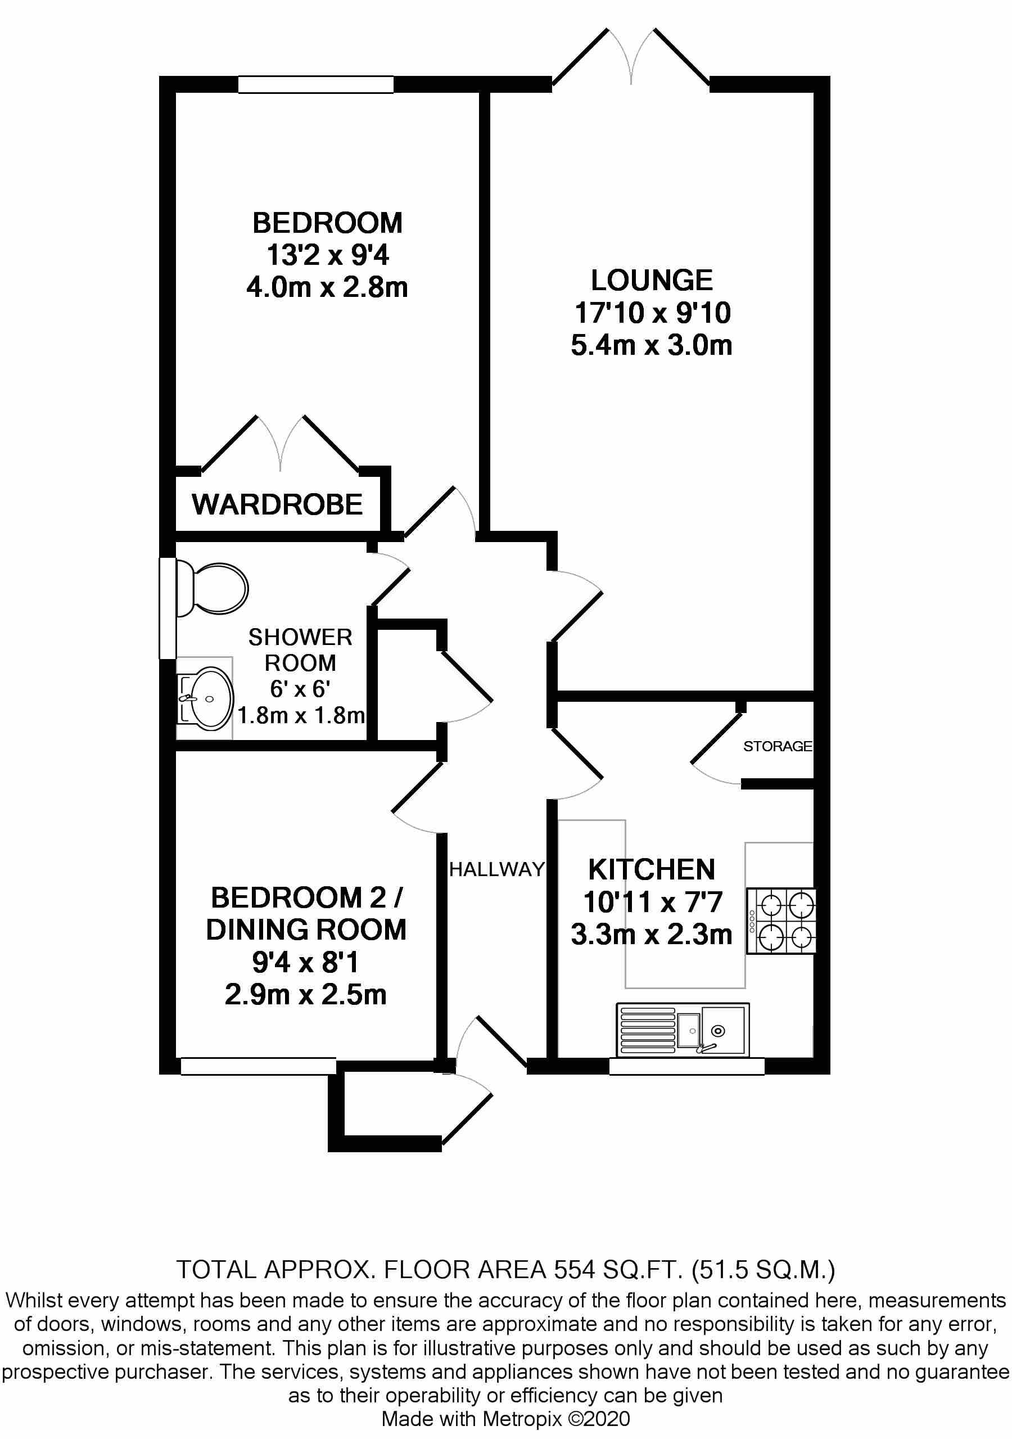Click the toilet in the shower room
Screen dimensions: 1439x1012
click(x=213, y=588)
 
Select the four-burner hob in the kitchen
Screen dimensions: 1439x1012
click(x=781, y=921)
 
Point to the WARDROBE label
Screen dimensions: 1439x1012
click(x=277, y=504)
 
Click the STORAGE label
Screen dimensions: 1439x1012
click(x=777, y=746)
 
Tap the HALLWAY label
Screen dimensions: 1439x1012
click(x=497, y=869)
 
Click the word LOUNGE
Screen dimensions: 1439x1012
click(x=652, y=280)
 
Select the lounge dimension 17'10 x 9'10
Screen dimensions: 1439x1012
click(x=652, y=313)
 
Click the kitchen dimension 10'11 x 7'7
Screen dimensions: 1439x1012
click(x=652, y=903)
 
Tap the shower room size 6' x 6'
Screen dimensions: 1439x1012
click(x=300, y=689)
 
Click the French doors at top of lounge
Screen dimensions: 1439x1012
click(x=631, y=60)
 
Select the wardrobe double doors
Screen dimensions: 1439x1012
click(x=280, y=445)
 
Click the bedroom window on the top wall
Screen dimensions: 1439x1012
click(x=315, y=84)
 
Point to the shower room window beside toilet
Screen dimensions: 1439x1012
click(x=168, y=608)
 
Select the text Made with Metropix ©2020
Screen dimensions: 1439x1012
click(x=505, y=1419)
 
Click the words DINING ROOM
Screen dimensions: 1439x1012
click(x=306, y=930)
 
